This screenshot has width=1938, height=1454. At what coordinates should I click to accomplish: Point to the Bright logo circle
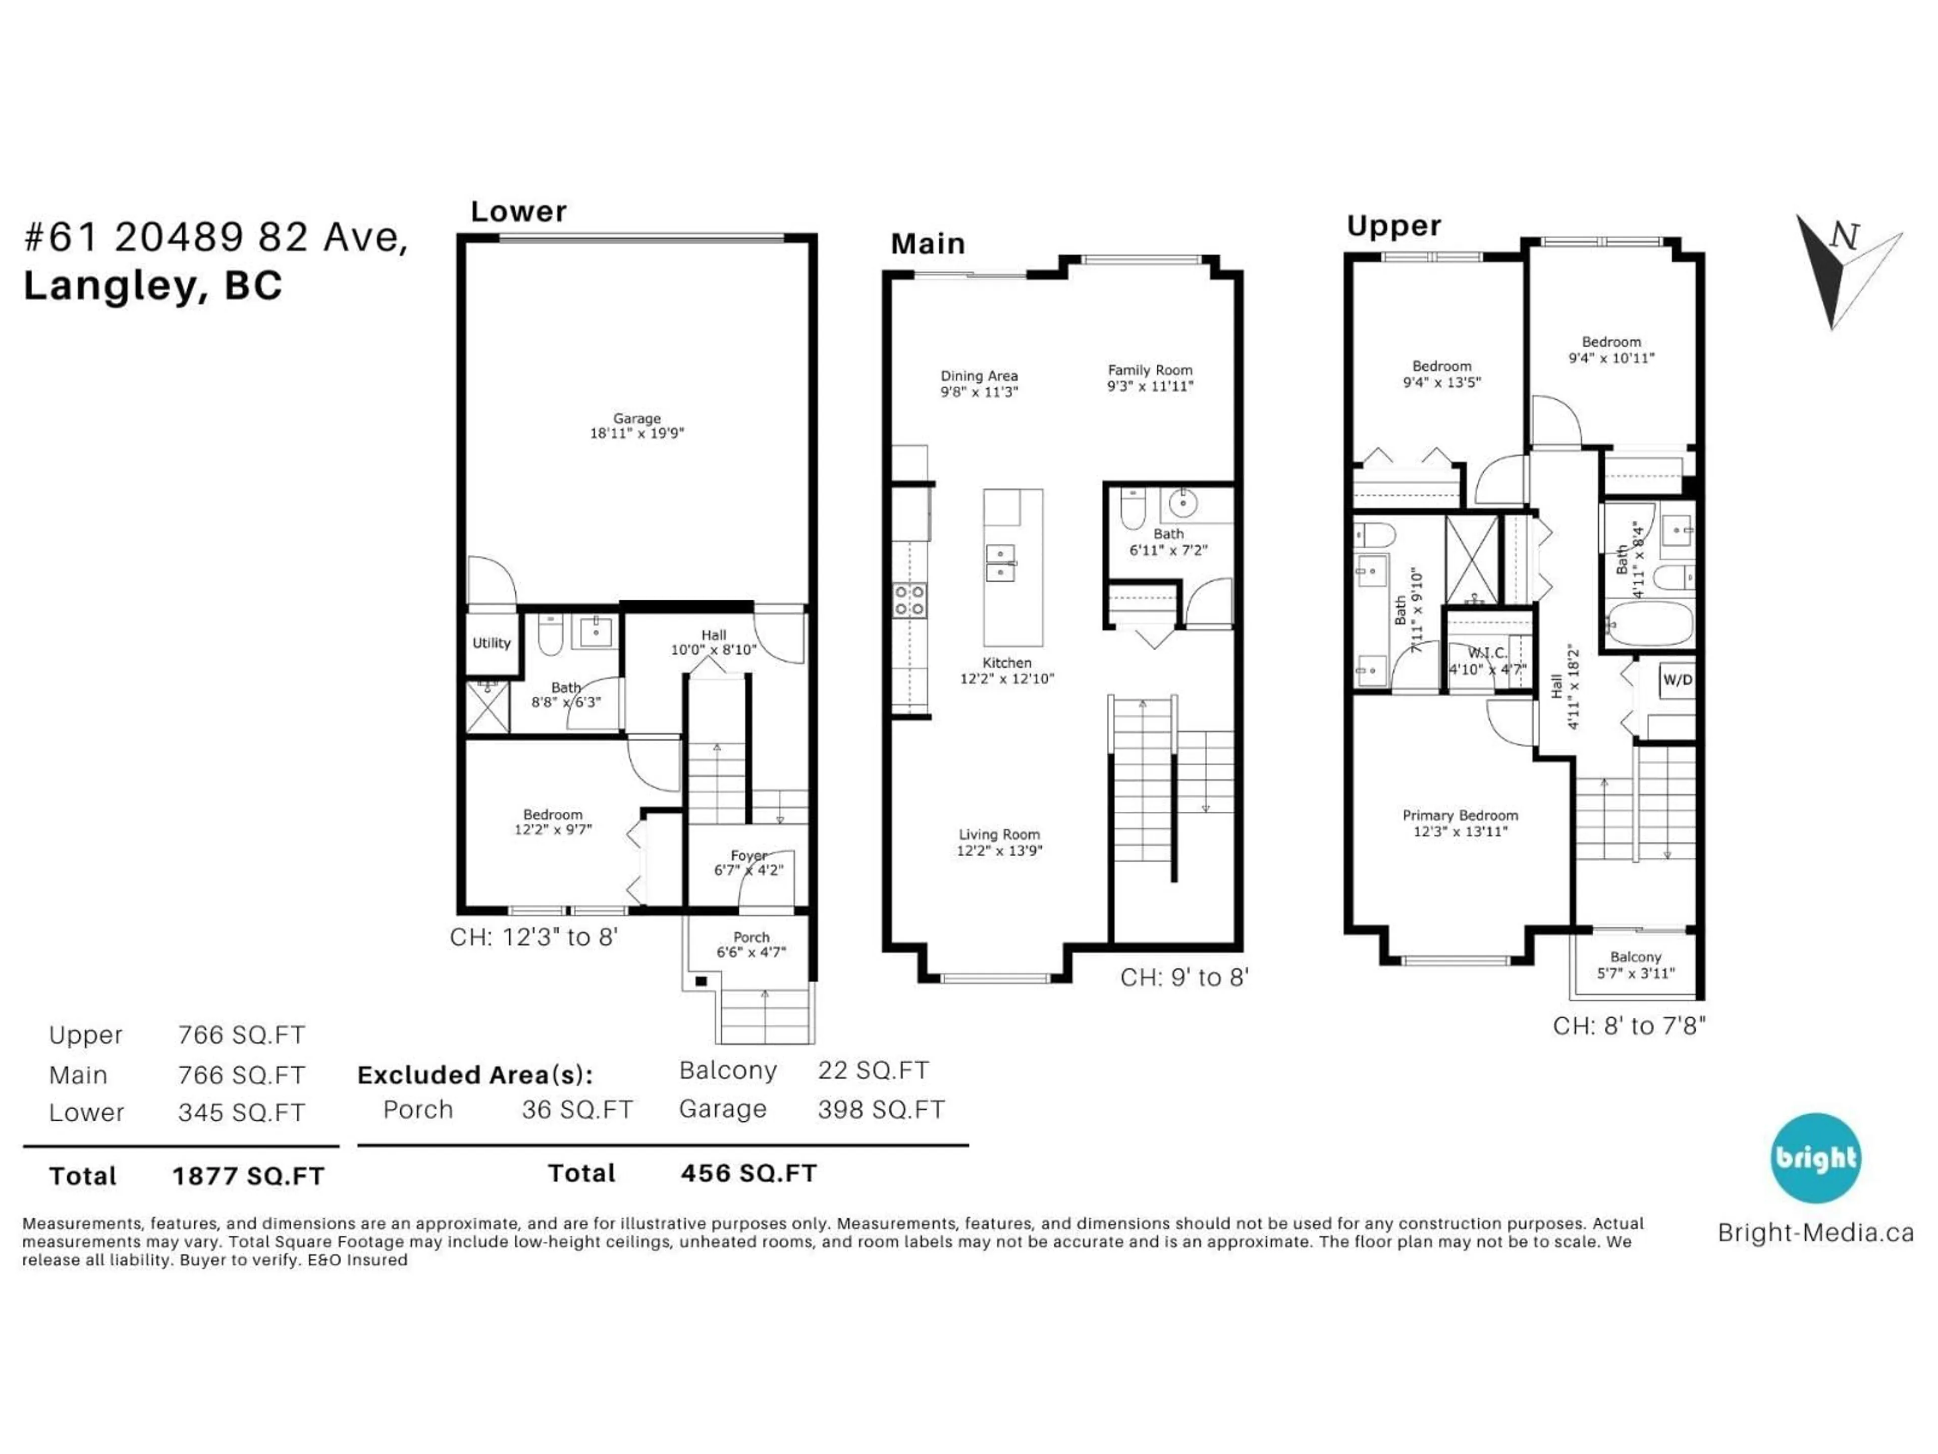point(1815,1158)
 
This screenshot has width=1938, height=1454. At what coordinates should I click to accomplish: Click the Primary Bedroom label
point(1460,823)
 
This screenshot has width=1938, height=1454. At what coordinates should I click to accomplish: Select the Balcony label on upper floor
point(1635,964)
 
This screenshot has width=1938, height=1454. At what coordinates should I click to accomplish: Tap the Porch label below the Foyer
point(751,944)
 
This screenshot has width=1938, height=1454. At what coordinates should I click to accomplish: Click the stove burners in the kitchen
point(908,600)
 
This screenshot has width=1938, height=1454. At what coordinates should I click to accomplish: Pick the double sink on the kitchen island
point(1000,563)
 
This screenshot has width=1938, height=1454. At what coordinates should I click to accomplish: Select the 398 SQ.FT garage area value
point(881,1110)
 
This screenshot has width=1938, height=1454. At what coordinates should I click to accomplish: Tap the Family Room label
point(1150,378)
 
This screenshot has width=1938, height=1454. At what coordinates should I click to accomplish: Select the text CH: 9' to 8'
point(1183,977)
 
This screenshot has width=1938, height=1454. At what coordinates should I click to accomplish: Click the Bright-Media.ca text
point(1815,1233)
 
